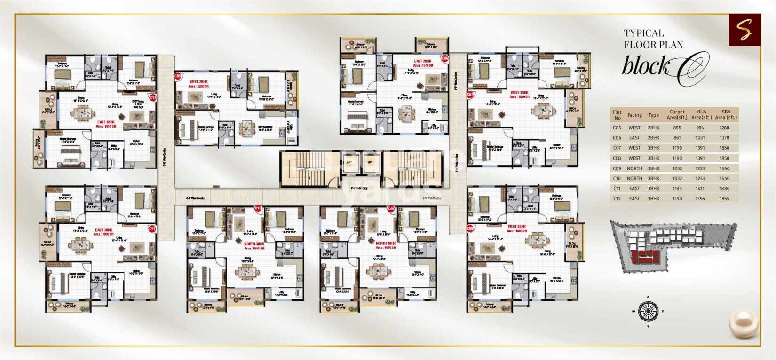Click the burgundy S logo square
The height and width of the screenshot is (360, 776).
point(744,30)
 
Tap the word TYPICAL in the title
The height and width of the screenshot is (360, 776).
point(643,33)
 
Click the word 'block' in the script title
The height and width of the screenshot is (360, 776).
point(645,66)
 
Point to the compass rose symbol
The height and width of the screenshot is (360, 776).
point(648,311)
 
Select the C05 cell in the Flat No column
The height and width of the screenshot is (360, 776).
point(617,128)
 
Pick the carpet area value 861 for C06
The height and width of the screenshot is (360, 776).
point(677,138)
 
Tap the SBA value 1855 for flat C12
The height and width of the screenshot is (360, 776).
point(724,199)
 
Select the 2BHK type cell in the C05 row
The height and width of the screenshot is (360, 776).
point(654,128)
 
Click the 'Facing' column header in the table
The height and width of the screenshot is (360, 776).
point(634,115)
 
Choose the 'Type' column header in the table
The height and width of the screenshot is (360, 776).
point(654,115)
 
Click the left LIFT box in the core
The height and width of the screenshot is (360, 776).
point(349,162)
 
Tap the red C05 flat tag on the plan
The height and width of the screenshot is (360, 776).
point(178,76)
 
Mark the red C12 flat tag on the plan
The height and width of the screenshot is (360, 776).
point(152,97)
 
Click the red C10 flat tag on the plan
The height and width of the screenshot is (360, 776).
point(258,208)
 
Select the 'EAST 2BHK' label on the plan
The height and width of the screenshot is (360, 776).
point(422,62)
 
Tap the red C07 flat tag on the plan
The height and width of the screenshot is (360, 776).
point(470,95)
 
